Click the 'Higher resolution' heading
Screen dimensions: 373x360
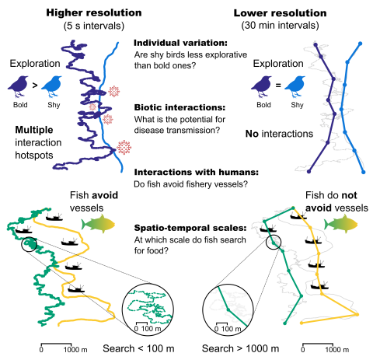[94, 12]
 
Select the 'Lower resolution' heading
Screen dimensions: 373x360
[280, 13]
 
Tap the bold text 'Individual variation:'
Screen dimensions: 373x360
[180, 43]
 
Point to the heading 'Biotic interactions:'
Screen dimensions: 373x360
[180, 107]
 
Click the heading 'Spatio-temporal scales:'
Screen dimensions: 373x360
[190, 228]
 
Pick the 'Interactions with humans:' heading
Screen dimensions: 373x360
[197, 172]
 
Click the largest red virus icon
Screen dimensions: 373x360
[124, 148]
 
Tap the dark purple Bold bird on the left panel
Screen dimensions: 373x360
[18, 86]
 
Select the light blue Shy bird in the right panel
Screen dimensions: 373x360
[295, 86]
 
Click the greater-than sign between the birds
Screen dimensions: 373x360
[35, 85]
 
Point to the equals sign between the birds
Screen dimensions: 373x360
[278, 85]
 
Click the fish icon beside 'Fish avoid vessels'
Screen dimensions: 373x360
[98, 224]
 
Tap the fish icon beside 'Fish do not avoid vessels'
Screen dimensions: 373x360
[341, 224]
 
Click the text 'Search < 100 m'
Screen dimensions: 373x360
[138, 349]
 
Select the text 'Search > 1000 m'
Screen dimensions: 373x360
[240, 349]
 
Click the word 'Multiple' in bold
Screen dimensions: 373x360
[34, 130]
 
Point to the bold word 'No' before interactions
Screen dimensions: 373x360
[252, 134]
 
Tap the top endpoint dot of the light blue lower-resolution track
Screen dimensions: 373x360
[360, 44]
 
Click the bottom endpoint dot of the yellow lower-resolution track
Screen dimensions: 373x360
[302, 323]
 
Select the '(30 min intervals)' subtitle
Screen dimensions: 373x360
[280, 26]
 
